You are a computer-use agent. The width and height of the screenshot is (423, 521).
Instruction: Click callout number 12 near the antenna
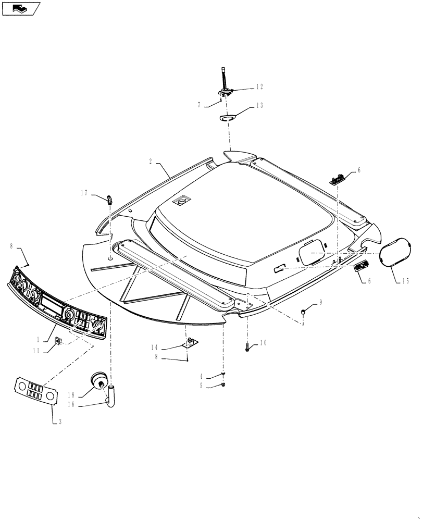click(x=259, y=87)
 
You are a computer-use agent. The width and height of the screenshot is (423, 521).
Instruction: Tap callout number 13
click(x=259, y=105)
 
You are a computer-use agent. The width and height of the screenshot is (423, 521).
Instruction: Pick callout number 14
click(x=154, y=347)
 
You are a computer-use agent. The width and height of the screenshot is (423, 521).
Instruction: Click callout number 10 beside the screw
click(x=263, y=343)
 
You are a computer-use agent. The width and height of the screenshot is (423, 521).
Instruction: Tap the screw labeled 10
click(x=247, y=346)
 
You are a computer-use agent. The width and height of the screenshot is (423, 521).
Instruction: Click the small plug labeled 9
click(x=302, y=312)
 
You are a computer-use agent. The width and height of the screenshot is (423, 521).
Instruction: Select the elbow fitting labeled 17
click(x=109, y=199)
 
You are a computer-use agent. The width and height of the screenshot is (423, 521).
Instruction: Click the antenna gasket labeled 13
click(x=227, y=118)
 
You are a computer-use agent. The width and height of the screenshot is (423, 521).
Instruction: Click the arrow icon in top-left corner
click(x=21, y=8)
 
